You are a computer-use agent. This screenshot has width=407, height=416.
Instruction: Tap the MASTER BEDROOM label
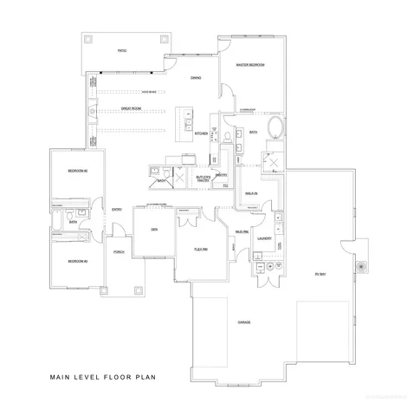point(250,65)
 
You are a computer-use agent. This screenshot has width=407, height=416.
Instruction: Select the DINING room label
point(197,79)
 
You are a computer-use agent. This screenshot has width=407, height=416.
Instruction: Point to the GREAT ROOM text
point(132,108)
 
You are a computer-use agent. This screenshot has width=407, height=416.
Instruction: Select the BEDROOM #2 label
point(78,171)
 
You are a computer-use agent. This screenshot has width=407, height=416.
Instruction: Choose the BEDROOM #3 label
point(78,259)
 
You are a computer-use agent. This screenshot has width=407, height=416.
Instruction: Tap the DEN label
point(153,229)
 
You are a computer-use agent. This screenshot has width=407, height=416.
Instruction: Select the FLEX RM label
point(198,249)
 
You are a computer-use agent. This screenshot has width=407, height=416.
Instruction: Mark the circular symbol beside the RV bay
point(358,266)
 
